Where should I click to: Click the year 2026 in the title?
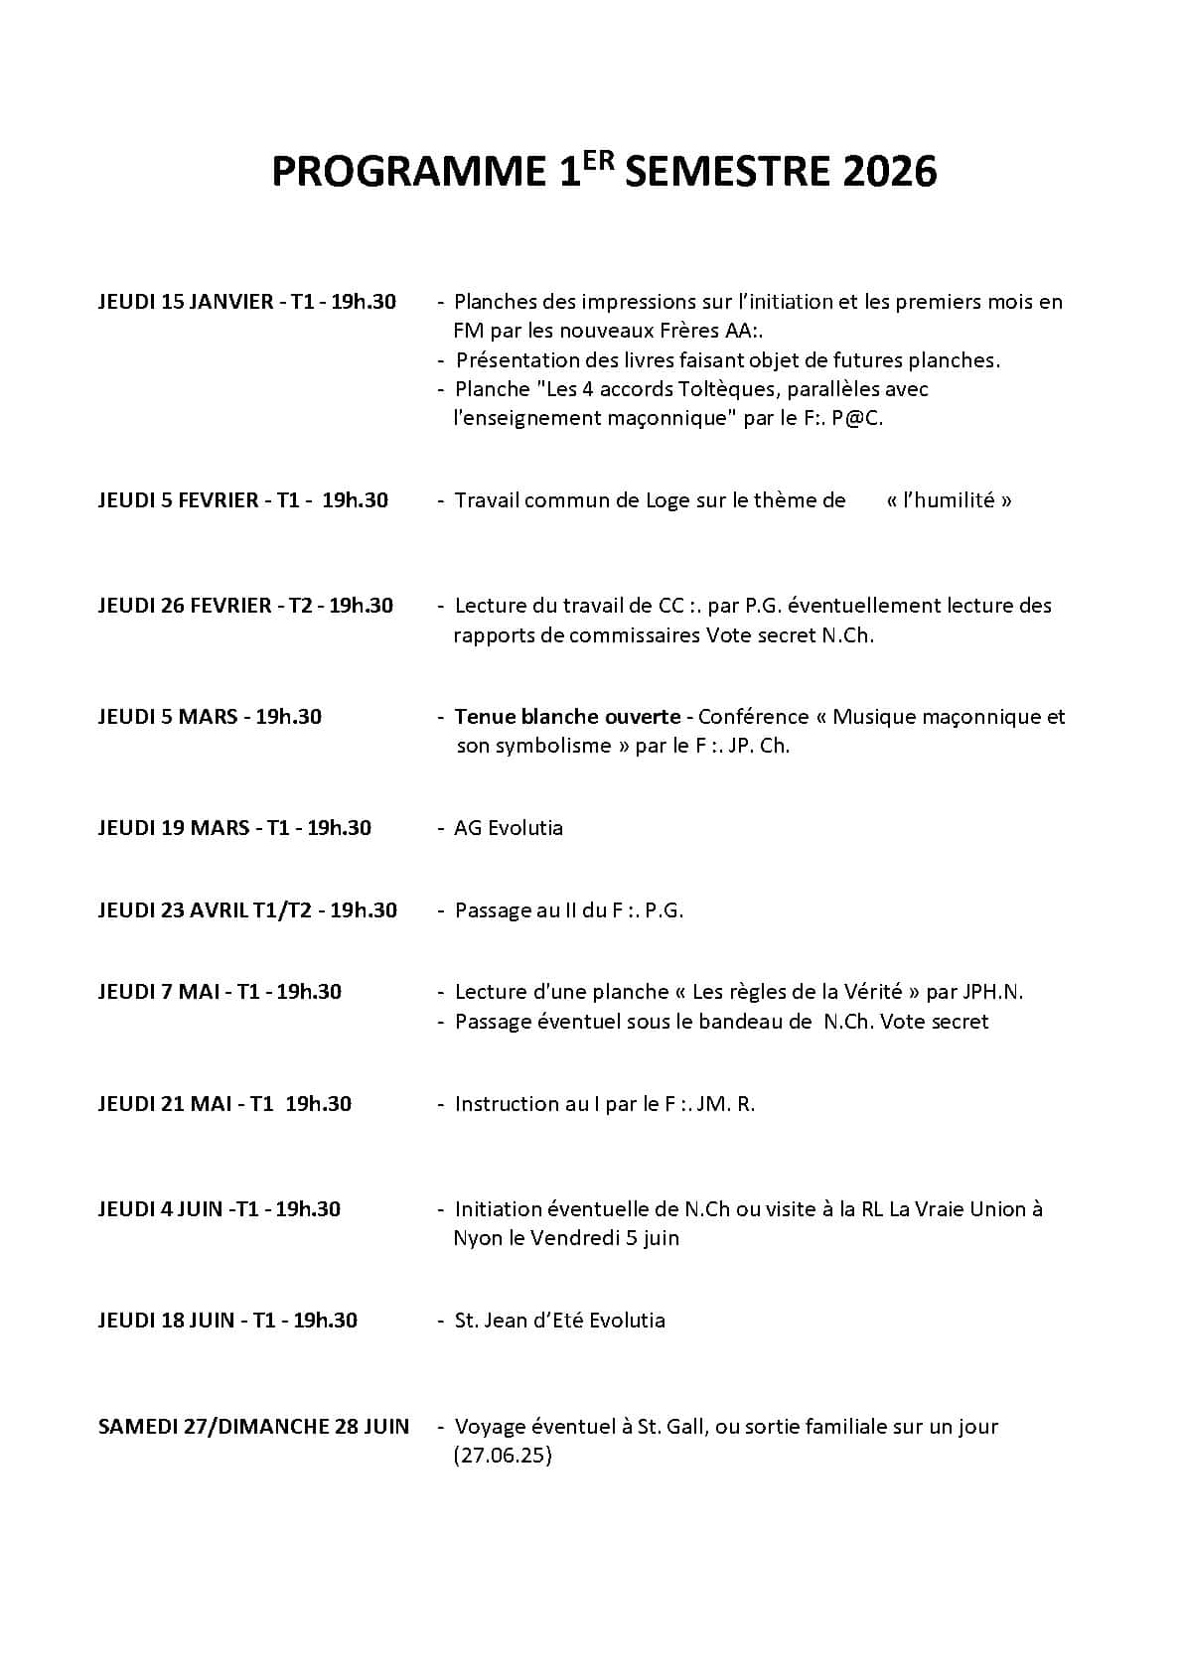(x=890, y=173)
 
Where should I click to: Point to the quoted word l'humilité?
(x=949, y=500)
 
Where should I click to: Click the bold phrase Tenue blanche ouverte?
(x=567, y=717)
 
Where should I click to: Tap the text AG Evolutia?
(x=509, y=828)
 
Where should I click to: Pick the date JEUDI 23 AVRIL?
(x=173, y=910)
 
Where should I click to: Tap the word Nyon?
(x=478, y=1238)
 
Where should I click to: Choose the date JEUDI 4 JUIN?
(x=160, y=1209)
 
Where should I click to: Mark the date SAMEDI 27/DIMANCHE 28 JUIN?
(x=253, y=1427)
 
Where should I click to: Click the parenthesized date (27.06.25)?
(x=503, y=1457)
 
